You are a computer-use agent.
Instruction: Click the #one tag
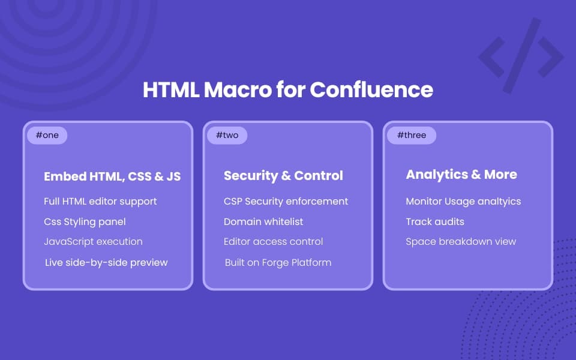47,135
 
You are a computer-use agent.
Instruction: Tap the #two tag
227,135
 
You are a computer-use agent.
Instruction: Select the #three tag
411,135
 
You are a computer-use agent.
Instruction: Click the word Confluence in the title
371,90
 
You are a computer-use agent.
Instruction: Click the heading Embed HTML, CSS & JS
112,176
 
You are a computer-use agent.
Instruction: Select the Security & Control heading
283,176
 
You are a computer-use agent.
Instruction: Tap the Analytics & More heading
461,175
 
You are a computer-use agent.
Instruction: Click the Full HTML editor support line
100,202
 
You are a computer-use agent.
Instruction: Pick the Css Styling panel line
85,222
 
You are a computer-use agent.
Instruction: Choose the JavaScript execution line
93,242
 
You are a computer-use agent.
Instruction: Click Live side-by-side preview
106,263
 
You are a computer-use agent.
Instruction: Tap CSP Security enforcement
286,202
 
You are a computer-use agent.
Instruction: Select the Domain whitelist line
263,222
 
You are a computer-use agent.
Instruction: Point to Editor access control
273,242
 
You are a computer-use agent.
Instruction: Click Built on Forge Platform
278,263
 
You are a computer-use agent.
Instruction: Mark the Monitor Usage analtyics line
463,202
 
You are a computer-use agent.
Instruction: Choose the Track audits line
435,222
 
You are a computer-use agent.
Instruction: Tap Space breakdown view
461,242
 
